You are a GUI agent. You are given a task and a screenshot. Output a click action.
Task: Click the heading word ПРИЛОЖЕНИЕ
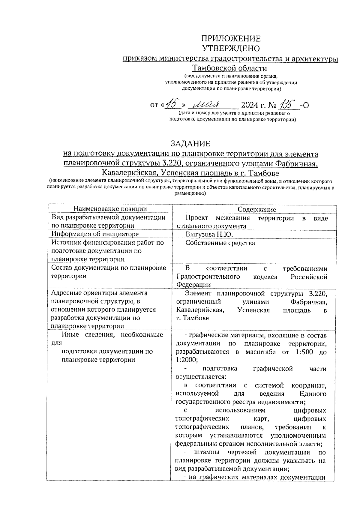point(231,39)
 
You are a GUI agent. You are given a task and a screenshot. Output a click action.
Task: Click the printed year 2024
point(250,105)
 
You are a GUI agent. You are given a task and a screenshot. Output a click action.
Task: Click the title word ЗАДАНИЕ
point(190,143)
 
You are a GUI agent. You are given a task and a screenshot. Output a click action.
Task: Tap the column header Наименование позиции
point(110,209)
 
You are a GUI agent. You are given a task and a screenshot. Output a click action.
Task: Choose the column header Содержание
point(257,209)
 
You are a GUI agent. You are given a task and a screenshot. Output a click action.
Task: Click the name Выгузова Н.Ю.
point(209,234)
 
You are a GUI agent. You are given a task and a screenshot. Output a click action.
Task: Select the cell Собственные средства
point(220,243)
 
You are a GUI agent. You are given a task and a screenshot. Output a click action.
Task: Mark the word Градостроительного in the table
point(208,277)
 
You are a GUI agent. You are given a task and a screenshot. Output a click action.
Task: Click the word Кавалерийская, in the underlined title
point(130,173)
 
